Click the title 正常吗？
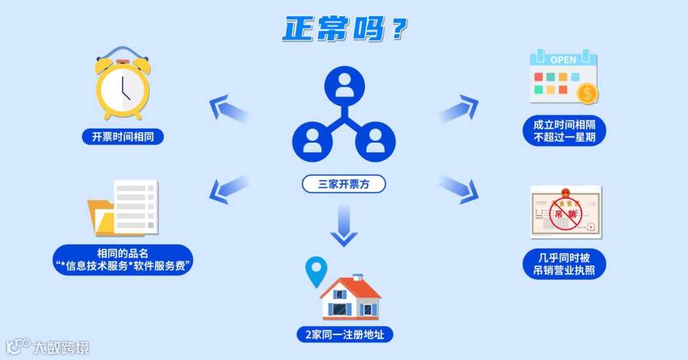(345, 29)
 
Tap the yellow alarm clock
(122, 85)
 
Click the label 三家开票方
(343, 184)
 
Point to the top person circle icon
(344, 87)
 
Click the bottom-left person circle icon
(313, 141)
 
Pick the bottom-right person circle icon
(375, 141)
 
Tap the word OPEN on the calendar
(563, 60)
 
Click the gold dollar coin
(587, 94)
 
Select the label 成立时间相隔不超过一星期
(564, 131)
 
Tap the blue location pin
(315, 270)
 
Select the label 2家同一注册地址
(344, 334)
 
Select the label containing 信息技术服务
(123, 259)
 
